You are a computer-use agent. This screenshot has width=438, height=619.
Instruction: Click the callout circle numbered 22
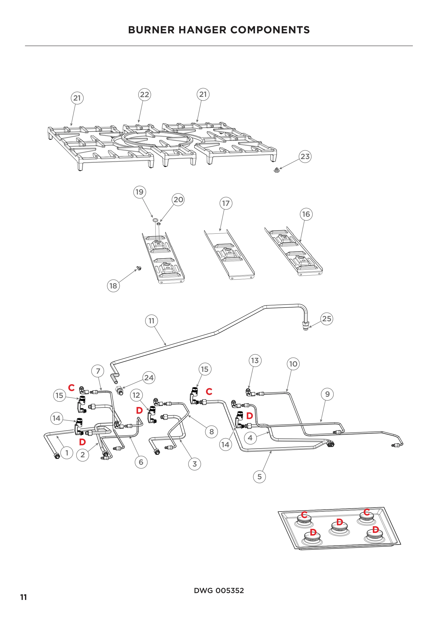145,95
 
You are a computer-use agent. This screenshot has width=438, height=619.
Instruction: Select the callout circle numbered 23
305,157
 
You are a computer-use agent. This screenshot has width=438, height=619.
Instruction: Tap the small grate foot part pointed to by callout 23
276,170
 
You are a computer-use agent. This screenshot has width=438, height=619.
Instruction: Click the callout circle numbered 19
140,192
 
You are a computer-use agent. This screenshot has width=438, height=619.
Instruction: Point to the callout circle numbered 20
178,200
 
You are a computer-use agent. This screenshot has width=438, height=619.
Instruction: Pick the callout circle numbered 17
226,203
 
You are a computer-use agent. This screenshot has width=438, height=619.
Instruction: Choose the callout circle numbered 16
306,214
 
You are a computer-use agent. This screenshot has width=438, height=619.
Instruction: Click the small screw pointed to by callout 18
139,268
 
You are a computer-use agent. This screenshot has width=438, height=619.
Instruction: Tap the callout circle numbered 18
113,286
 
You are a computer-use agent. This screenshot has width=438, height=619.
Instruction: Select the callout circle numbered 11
151,321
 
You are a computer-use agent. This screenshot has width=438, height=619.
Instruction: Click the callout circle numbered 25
327,319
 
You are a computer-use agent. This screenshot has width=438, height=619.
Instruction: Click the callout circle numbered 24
149,378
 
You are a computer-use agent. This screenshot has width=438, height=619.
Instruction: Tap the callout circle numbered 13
255,360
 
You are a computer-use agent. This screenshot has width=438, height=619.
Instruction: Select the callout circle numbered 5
260,477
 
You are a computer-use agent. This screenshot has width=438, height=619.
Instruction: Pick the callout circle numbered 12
136,395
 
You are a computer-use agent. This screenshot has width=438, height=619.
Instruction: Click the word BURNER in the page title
151,30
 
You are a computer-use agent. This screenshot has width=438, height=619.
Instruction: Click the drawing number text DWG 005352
219,590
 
